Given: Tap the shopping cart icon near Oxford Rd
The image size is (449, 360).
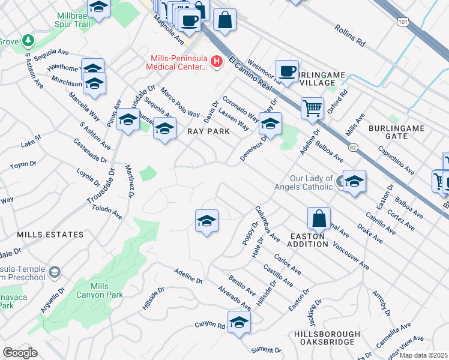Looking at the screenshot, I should click(x=312, y=109).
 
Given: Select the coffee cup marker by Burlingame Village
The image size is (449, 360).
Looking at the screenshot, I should click(x=288, y=71).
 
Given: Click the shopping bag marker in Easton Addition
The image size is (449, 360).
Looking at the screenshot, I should click(x=319, y=218).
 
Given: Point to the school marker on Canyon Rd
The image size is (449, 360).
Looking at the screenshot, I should click(x=239, y=323).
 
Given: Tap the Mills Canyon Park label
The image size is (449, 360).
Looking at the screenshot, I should click(x=99, y=290).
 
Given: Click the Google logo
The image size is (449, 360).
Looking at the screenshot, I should click(x=20, y=352).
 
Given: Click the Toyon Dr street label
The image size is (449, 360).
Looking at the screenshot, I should click(x=23, y=164).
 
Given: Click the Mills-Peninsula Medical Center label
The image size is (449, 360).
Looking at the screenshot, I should click(x=179, y=62).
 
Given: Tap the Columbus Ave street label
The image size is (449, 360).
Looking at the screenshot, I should click(x=267, y=224).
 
